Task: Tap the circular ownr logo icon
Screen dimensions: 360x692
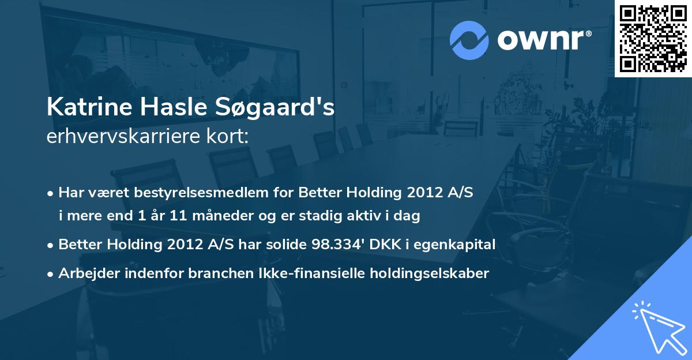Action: (470, 40)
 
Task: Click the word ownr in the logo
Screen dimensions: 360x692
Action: (543, 40)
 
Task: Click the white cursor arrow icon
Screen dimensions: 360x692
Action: (657, 327)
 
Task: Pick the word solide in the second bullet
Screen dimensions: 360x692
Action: (287, 244)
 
